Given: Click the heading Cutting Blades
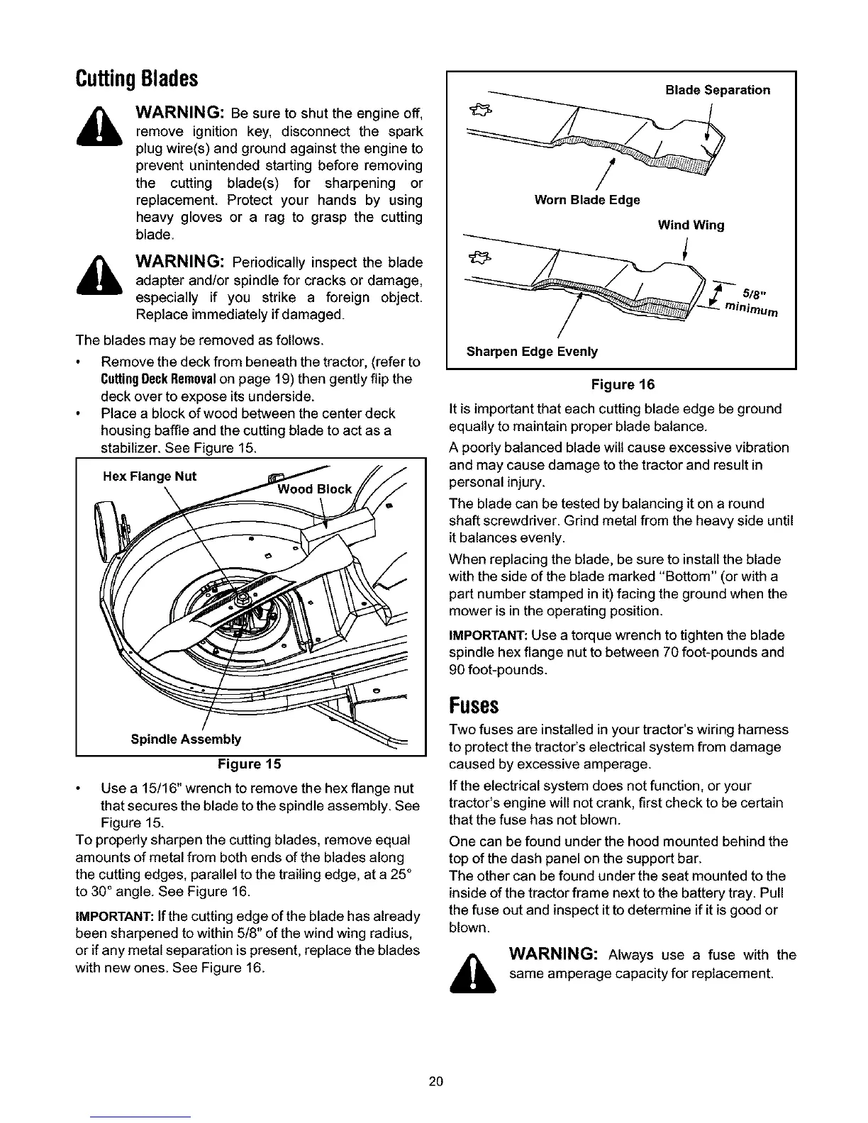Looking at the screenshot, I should click(135, 77).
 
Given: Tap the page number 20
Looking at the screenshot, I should click(435, 1081).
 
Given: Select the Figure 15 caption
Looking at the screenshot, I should click(249, 764).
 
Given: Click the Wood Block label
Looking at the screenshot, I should click(314, 489).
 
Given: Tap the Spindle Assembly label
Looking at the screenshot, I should click(186, 739).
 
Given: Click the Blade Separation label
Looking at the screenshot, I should click(718, 90).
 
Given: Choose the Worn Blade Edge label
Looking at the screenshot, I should click(586, 200).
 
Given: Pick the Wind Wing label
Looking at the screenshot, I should click(691, 225).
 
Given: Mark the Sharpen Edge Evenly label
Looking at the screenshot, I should click(532, 352).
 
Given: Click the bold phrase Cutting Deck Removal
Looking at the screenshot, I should click(138, 379).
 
